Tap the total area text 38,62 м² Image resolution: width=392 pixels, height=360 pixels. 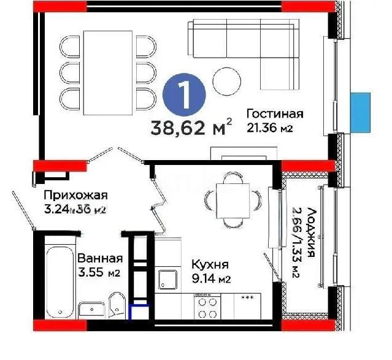point(191,129)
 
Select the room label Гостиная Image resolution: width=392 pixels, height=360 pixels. point(275,114)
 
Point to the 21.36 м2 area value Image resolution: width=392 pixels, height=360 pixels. point(267,128)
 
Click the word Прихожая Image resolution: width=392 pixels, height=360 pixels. point(75,196)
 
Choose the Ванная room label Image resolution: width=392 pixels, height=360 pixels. point(99,259)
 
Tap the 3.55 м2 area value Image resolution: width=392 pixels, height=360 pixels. point(98,273)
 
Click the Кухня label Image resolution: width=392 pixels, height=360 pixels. point(210,265)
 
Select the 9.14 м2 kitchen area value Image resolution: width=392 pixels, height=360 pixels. point(210,280)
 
